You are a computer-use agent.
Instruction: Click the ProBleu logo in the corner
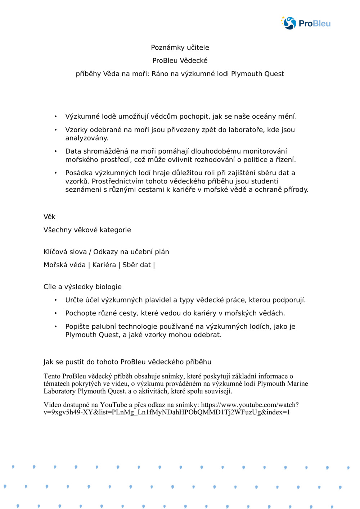(306, 23)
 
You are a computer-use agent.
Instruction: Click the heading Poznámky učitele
(180, 47)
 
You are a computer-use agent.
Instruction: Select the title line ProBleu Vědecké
(180, 60)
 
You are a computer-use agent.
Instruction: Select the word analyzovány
(87, 138)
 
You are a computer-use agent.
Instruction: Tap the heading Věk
(49, 217)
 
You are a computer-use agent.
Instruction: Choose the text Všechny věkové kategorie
(87, 230)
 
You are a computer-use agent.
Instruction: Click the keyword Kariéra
(104, 265)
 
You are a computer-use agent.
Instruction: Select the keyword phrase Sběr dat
(136, 265)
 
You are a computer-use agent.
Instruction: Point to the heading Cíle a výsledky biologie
(82, 287)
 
